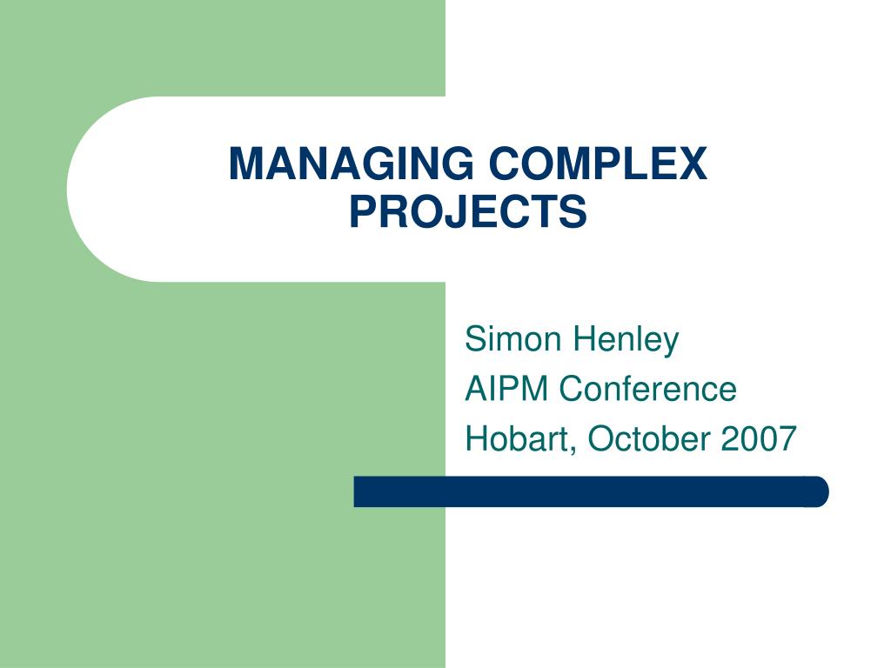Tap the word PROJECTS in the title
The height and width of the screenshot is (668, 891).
(468, 211)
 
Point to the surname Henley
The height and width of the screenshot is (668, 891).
(625, 338)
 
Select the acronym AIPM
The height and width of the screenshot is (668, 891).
(507, 388)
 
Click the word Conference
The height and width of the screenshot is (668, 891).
(648, 388)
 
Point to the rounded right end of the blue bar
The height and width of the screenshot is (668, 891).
(818, 491)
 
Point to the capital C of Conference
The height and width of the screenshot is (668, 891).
(572, 388)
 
